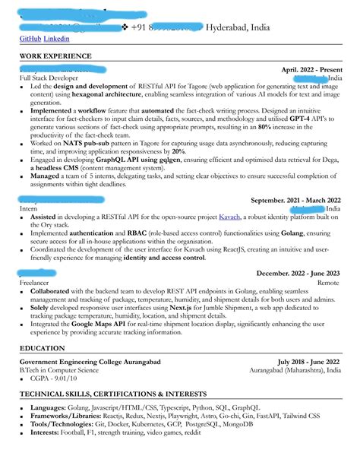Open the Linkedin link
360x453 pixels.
click(56, 39)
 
